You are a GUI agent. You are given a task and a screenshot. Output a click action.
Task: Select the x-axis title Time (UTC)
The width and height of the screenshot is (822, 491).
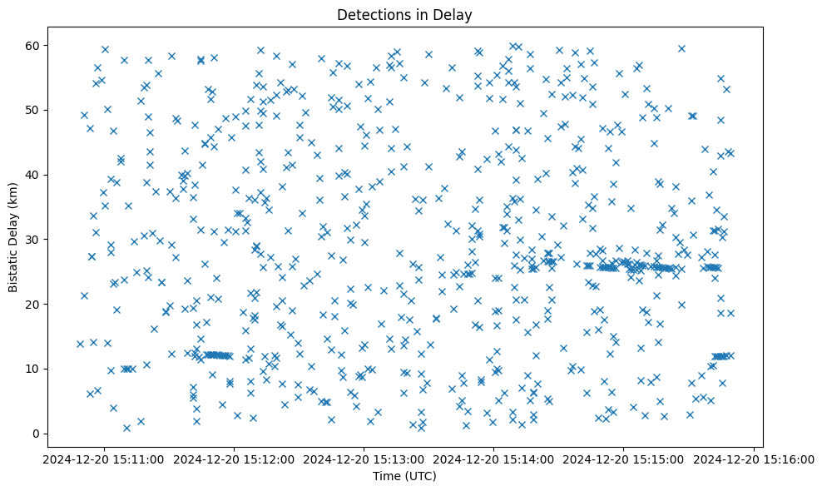coord(405,476)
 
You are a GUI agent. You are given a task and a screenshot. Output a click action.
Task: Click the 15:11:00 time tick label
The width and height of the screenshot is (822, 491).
coord(104,459)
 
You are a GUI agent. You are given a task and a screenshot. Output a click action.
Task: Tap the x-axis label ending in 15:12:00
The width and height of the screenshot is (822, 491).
coord(234,459)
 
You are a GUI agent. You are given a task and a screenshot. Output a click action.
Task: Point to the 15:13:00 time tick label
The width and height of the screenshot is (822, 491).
coord(364,459)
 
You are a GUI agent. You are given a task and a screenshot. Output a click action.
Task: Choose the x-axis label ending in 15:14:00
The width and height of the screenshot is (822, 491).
coord(494,459)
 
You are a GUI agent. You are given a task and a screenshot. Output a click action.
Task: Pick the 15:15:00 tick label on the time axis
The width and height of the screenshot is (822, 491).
coord(624,459)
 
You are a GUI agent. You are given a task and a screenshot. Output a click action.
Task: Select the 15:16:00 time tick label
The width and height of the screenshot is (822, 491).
coord(754,459)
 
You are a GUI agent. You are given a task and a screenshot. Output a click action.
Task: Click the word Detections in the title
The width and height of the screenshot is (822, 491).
coord(371,15)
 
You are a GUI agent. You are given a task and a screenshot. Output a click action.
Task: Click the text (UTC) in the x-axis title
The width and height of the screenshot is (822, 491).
coord(420,476)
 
